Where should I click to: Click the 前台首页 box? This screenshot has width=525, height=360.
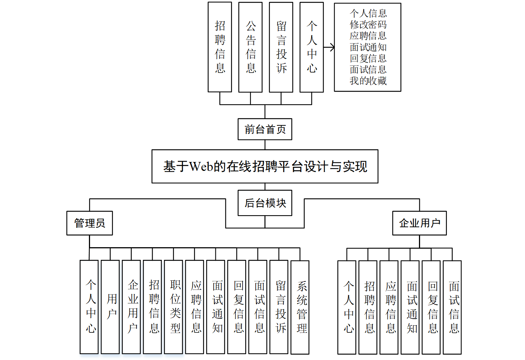[x=265, y=129]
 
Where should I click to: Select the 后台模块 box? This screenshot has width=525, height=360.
[x=265, y=203]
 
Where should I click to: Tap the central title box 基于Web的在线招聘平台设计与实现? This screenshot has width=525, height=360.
[x=265, y=166]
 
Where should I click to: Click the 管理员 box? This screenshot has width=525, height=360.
[x=89, y=223]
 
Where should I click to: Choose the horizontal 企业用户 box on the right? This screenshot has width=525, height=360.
[x=419, y=223]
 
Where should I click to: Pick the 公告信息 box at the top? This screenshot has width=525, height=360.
[x=250, y=47]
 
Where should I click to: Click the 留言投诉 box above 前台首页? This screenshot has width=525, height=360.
[x=281, y=47]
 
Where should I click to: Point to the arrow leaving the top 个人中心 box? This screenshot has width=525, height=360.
[x=329, y=47]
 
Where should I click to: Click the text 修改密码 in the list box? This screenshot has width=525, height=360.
[x=368, y=25]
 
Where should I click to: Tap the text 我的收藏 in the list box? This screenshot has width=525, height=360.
[x=368, y=81]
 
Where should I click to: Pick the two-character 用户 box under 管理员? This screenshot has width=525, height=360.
[x=110, y=307]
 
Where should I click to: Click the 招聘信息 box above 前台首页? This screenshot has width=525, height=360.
[x=220, y=47]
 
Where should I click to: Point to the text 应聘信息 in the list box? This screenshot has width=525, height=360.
[x=368, y=36]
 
